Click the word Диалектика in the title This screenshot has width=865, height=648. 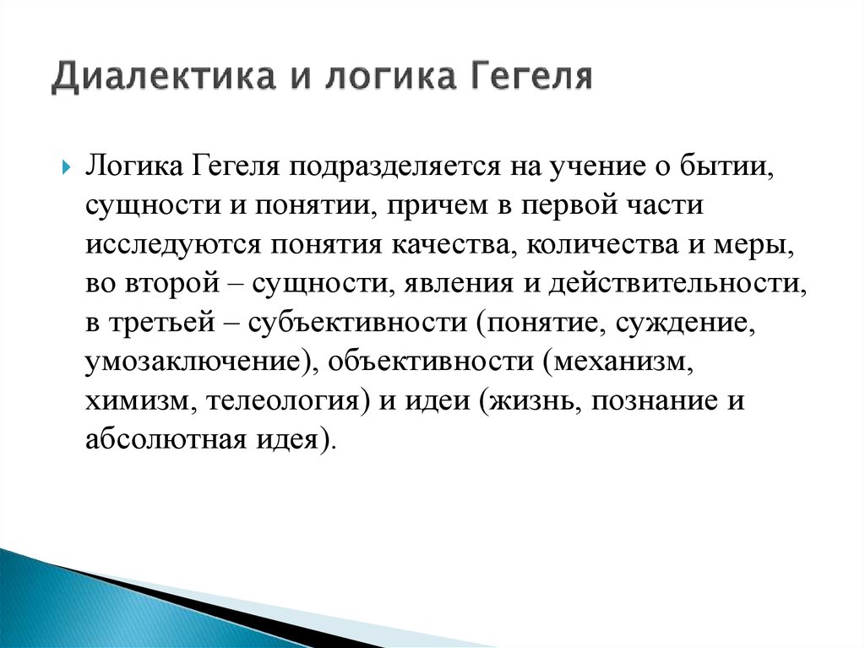coord(163,77)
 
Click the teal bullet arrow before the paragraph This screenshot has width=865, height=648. coord(67,166)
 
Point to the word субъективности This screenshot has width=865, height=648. coord(357,322)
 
